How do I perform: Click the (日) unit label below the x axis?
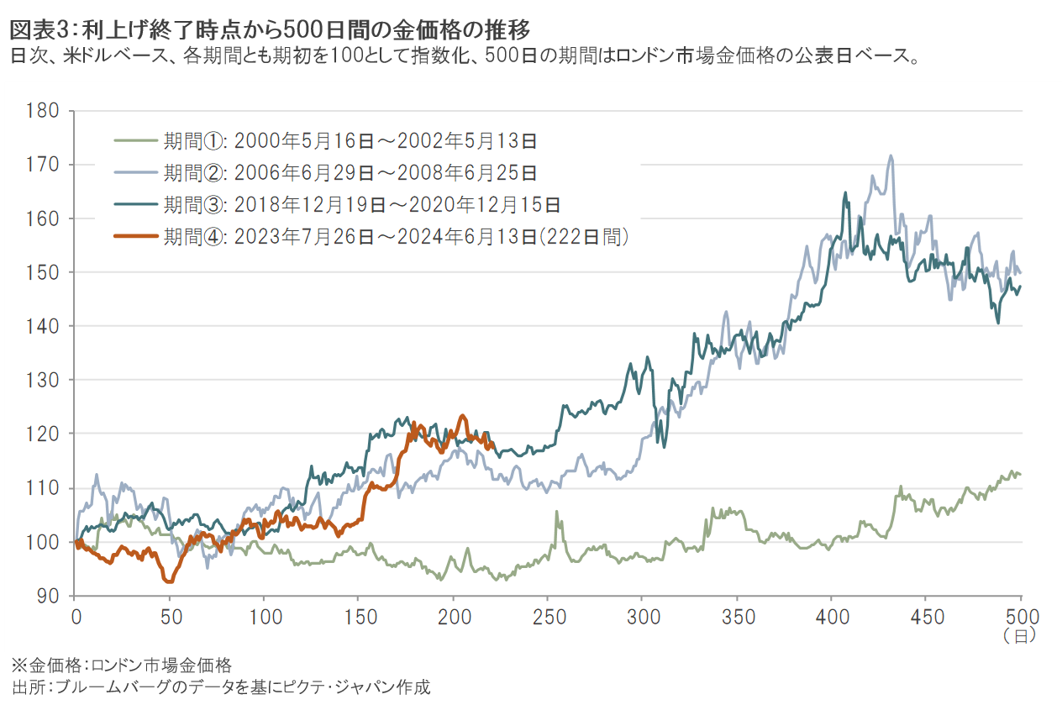click(1020, 636)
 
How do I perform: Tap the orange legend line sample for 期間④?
click(135, 237)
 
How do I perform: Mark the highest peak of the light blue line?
click(890, 155)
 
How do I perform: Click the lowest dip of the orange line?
click(170, 581)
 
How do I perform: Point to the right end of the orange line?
click(491, 448)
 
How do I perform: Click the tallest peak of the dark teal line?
click(845, 192)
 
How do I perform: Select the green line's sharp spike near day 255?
click(556, 511)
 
